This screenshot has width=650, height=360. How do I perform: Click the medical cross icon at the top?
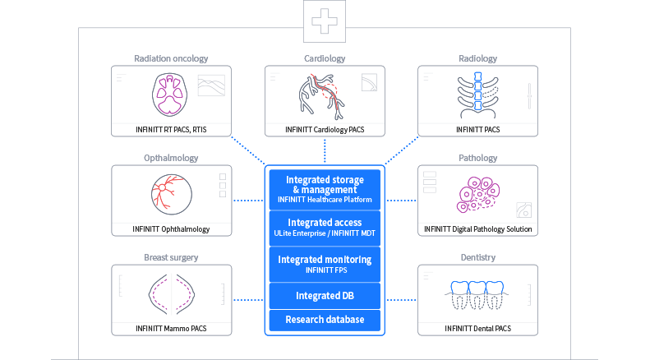(x=325, y=21)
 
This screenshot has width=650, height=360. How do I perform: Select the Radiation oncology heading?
(x=171, y=58)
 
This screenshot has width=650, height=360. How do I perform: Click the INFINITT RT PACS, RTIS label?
(x=171, y=129)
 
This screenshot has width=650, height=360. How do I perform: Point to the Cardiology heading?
(x=325, y=58)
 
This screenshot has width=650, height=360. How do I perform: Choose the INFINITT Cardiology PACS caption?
(x=325, y=129)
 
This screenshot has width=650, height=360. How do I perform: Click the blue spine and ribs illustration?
(x=478, y=93)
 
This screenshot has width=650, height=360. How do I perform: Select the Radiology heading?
(x=478, y=58)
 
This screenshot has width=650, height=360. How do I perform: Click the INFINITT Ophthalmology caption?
(x=171, y=228)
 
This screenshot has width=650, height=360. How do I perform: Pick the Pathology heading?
(x=478, y=158)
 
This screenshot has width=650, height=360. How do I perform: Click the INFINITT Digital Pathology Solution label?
(x=478, y=228)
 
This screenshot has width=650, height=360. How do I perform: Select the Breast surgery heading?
(x=171, y=257)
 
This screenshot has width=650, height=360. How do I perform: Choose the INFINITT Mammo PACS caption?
(x=171, y=329)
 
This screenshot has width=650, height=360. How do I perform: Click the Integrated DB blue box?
(x=325, y=295)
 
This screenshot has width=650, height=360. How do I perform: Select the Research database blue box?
(x=325, y=319)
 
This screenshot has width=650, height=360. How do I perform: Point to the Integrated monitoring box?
(x=325, y=264)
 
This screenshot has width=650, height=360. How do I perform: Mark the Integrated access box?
(x=325, y=228)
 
